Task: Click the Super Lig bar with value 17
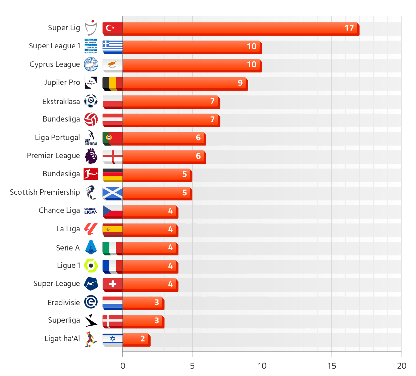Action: [x=240, y=28]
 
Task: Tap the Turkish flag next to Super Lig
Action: [x=112, y=28]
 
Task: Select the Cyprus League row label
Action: [x=55, y=64]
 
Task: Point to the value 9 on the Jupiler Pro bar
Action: [x=240, y=83]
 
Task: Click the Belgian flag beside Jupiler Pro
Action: [x=112, y=83]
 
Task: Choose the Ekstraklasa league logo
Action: [x=91, y=101]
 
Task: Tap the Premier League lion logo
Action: [x=91, y=156]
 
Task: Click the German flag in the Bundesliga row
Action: [x=112, y=175]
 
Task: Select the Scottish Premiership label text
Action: [x=45, y=192]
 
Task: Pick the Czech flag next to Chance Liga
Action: [x=112, y=211]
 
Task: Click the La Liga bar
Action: [x=150, y=230]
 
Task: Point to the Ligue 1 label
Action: [x=69, y=266]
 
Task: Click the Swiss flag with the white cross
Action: [x=112, y=284]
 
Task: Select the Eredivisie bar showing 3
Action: [x=143, y=302]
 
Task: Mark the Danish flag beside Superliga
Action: [x=112, y=321]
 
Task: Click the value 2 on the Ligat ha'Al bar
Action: [x=143, y=339]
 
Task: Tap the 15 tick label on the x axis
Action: [x=331, y=366]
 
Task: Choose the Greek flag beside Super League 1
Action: [x=112, y=47]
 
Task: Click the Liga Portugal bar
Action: [x=164, y=138]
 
